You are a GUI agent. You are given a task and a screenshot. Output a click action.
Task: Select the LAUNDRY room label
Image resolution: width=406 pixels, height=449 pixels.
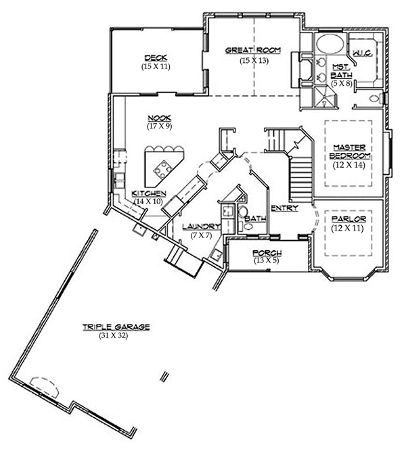click(201, 227)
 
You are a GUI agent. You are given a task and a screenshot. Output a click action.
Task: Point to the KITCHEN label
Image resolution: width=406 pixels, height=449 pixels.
click(149, 193)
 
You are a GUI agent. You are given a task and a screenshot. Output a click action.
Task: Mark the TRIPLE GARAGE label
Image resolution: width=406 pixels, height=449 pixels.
click(116, 327)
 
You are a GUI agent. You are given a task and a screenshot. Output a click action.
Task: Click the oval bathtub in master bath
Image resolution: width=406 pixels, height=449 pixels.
click(330, 45)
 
